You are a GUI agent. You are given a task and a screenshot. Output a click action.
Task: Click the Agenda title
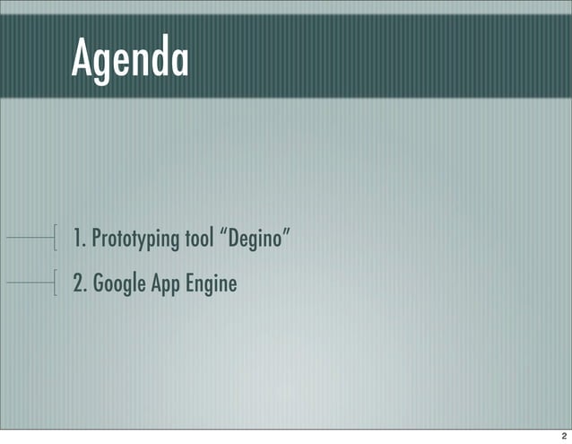[x=130, y=58]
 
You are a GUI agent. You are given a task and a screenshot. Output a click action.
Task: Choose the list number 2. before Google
[x=80, y=284]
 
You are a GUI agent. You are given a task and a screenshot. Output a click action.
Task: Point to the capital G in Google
[x=97, y=284]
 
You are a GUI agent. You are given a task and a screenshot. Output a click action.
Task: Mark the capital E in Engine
[x=195, y=284]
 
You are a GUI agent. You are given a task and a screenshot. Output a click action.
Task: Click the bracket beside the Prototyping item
[x=56, y=238]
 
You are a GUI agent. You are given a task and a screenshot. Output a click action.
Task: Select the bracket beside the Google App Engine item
[x=56, y=283]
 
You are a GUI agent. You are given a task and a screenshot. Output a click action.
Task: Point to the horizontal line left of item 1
[x=29, y=238]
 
